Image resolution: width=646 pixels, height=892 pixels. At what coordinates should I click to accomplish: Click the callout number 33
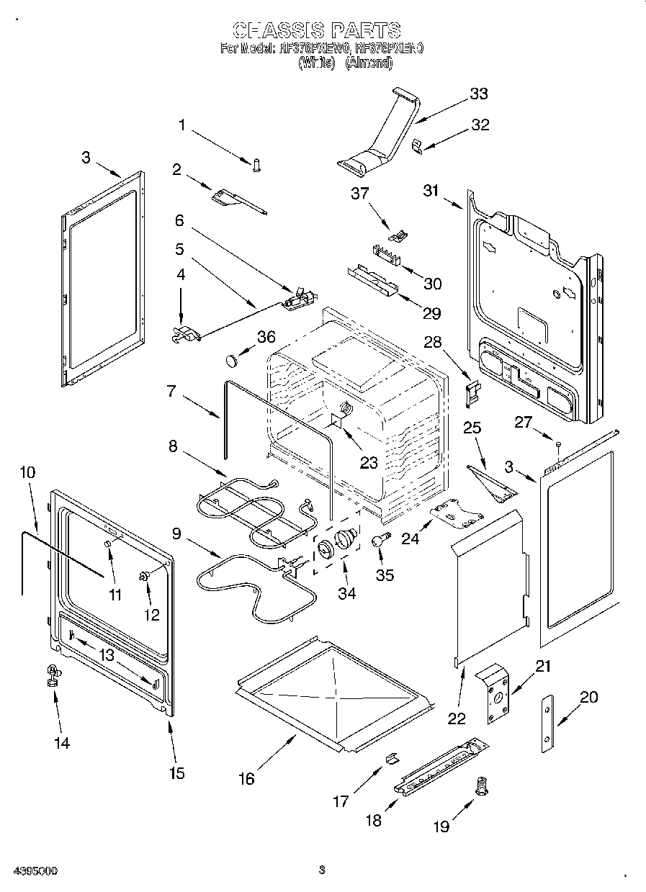(x=478, y=94)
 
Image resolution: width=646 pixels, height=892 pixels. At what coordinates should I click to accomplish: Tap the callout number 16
(x=246, y=778)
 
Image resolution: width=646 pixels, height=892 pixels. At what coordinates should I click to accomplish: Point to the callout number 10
(x=27, y=472)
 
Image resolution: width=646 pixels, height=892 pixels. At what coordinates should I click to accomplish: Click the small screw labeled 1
(x=256, y=165)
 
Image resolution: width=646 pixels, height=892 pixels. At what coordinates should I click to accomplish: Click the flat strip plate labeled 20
(x=549, y=724)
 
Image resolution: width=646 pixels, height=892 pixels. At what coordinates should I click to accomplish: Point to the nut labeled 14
(x=52, y=675)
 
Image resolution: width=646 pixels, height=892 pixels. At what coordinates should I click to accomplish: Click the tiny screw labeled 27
(x=558, y=444)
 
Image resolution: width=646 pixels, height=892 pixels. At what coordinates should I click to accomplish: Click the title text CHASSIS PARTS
(x=317, y=30)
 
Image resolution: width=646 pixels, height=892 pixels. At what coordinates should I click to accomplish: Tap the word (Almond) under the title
(x=369, y=63)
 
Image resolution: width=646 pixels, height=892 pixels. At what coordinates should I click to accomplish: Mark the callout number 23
(x=369, y=463)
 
